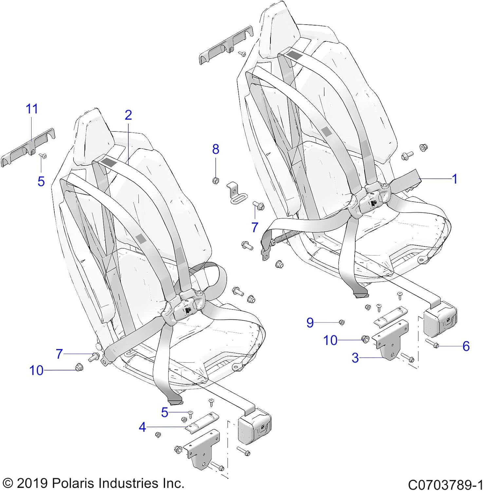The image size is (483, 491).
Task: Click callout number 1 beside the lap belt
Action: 454,179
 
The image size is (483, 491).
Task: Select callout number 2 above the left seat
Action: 128,115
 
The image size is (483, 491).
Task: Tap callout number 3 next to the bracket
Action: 355,358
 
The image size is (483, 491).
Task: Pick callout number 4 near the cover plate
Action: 142,427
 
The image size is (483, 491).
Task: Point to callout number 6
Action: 466,346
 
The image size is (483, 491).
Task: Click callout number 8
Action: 215,149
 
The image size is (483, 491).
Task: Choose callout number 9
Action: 310,323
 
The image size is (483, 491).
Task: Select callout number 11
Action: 32,109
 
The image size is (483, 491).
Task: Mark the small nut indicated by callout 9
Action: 341,322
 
